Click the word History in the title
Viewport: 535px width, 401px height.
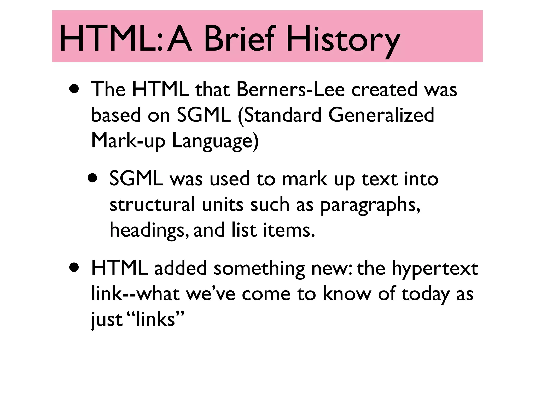point(343,39)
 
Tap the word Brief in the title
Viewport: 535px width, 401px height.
point(239,39)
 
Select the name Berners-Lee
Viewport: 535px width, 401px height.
point(290,89)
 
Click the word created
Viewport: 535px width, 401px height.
point(384,89)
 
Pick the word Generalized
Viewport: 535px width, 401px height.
point(381,115)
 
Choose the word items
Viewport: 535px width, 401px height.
point(289,230)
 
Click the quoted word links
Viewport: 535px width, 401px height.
point(155,319)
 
